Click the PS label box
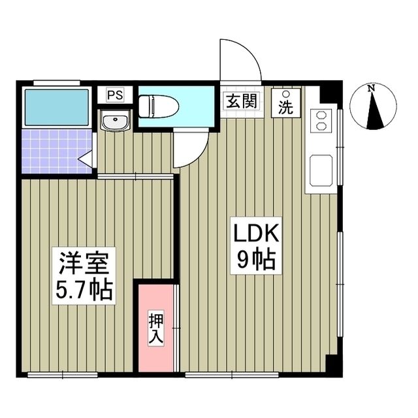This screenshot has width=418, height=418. click(x=115, y=95)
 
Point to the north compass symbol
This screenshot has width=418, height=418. click(x=374, y=107)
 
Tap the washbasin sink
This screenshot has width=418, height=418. click(x=116, y=121)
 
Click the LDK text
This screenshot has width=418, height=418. click(x=256, y=233)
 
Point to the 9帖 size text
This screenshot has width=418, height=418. click(x=256, y=261)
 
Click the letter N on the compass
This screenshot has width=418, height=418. click(x=371, y=88)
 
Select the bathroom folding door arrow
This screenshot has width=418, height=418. click(x=84, y=158)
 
